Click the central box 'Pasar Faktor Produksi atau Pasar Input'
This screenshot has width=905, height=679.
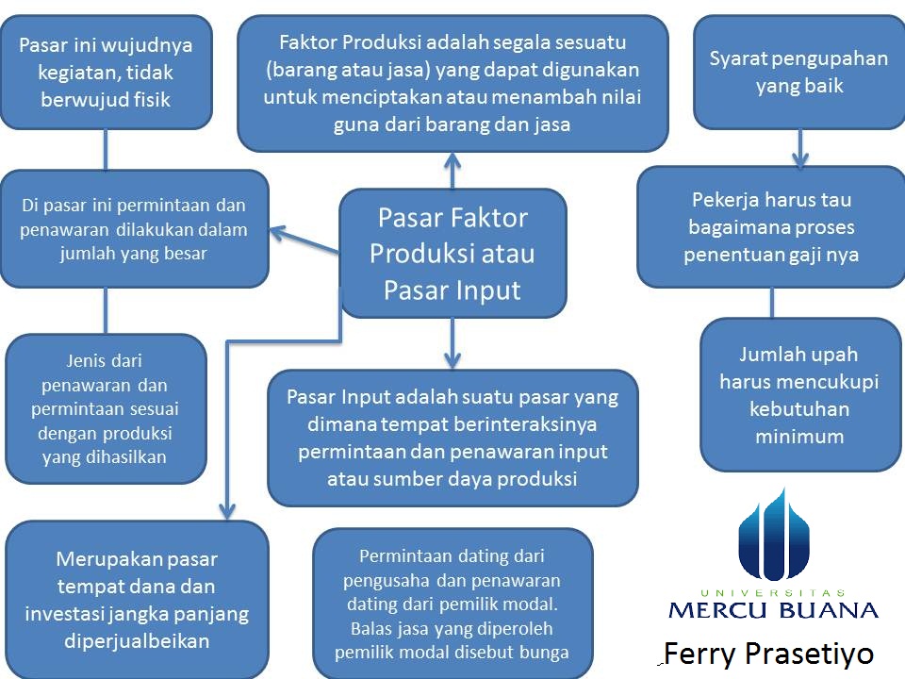click(452, 253)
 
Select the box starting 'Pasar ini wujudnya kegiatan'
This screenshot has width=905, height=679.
click(106, 72)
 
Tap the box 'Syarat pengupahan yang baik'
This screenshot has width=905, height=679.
click(798, 72)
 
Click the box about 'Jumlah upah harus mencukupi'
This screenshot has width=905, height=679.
click(799, 394)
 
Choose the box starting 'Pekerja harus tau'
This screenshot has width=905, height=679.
click(771, 227)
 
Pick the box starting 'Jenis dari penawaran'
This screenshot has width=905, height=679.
click(106, 408)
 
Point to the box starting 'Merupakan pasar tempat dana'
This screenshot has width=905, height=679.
click(137, 600)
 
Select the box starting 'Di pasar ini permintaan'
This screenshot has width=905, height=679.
click(134, 228)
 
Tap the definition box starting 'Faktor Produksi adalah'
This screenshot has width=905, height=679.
click(452, 83)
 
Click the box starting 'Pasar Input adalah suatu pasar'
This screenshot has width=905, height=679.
click(452, 437)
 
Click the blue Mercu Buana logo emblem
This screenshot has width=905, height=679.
click(773, 538)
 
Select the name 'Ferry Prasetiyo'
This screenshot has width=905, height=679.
click(768, 654)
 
